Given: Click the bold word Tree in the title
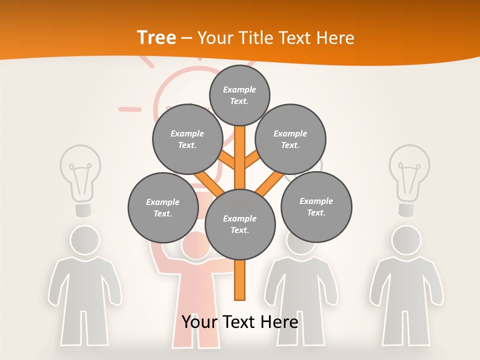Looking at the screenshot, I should [156, 37].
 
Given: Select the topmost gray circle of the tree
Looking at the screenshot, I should [239, 95].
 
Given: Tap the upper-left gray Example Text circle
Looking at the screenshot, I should [187, 139].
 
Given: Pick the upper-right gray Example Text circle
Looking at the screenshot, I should [290, 139].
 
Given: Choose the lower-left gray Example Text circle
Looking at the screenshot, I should [162, 207].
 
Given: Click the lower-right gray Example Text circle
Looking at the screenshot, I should [316, 206].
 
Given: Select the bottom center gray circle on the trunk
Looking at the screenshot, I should [240, 224].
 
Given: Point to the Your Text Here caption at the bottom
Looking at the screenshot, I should [240, 321].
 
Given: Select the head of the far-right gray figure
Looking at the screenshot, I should [406, 240].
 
